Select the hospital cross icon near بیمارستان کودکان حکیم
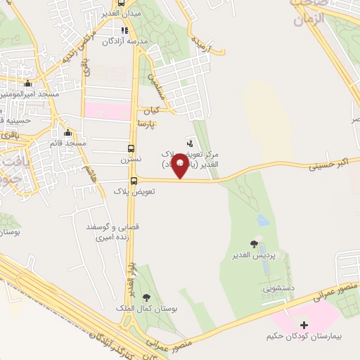(304, 326)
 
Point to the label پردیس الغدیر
(253, 255)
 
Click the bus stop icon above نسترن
(130, 148)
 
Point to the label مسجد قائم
(67, 143)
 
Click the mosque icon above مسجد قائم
(67, 133)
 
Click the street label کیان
(150, 110)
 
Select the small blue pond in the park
(262, 220)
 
